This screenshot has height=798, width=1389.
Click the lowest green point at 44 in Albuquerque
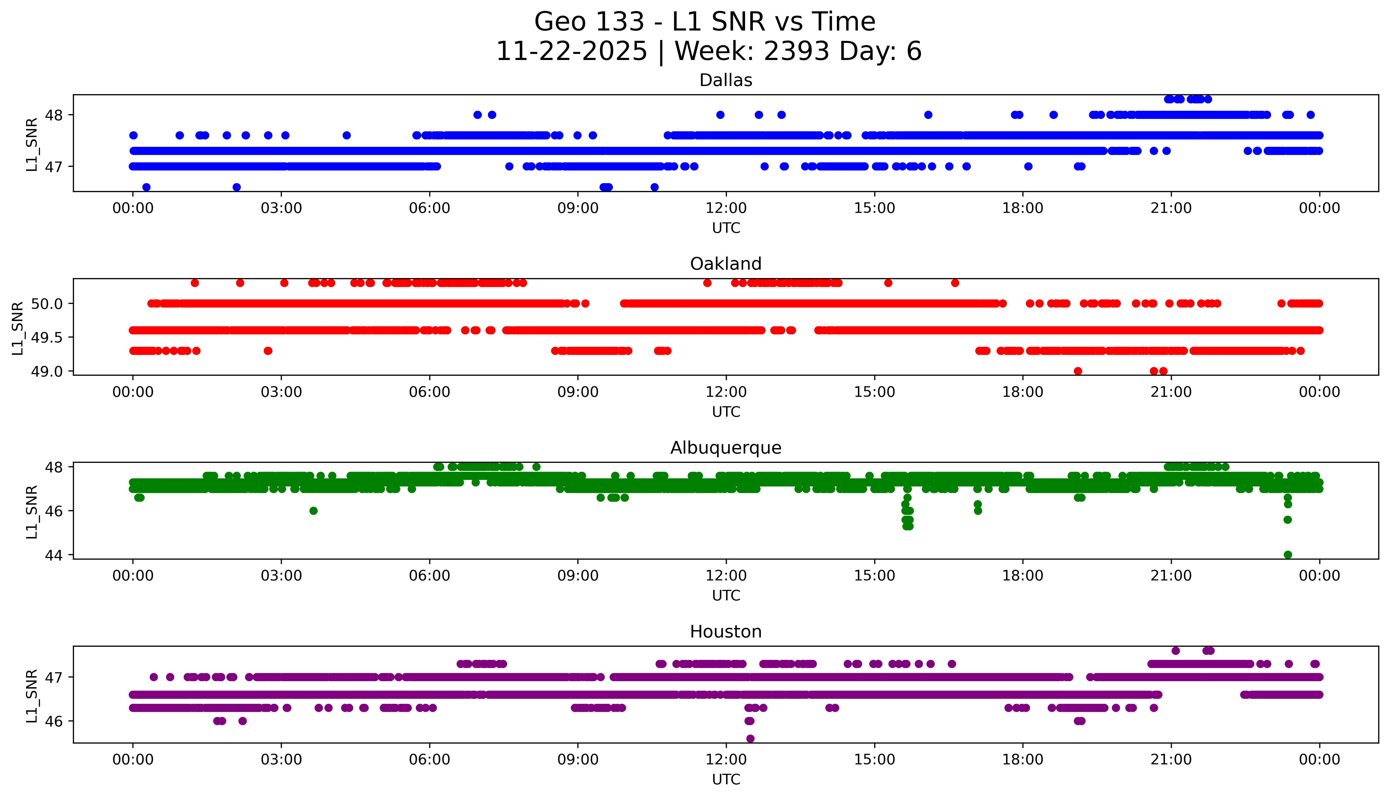click(x=1288, y=555)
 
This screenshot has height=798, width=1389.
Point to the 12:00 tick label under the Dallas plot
click(x=726, y=208)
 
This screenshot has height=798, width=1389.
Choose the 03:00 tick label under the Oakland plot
click(x=281, y=392)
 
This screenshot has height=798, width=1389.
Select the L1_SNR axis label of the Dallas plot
click(x=32, y=144)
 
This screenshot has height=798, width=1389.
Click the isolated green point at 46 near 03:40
click(x=313, y=511)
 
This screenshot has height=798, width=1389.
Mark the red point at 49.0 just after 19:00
click(x=1078, y=371)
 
